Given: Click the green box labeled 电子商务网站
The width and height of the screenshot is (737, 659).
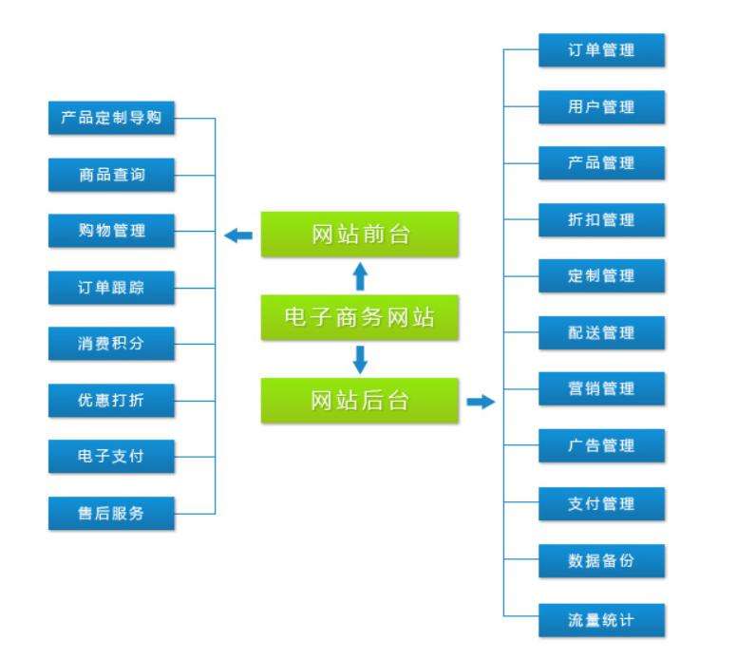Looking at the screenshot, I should tap(360, 318).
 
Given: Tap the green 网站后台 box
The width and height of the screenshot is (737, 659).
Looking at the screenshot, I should tap(360, 401).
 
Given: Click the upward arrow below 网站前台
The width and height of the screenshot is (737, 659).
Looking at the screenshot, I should tap(360, 276).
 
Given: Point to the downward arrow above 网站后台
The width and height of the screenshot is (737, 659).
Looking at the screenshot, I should tap(360, 360).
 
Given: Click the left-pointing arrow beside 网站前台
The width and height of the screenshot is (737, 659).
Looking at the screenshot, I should tap(238, 235).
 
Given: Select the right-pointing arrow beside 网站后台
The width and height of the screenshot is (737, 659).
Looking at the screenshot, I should tap(482, 402).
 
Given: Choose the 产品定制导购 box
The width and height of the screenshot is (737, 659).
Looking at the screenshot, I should tap(112, 119).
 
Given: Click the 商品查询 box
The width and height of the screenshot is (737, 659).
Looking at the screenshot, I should tap(112, 175).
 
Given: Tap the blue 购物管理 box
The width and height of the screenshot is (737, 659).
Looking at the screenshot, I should tap(112, 231).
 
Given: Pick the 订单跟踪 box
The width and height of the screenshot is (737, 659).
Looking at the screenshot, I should tap(112, 288).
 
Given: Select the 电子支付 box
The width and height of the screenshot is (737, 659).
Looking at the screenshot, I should tap(112, 457).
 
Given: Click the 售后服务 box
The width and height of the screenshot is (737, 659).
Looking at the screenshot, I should tap(112, 513).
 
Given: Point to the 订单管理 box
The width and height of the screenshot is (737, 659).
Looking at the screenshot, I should tap(601, 50).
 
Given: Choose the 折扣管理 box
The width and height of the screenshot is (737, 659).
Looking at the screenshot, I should tap(601, 219).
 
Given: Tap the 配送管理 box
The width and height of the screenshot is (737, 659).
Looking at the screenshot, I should tap(601, 332).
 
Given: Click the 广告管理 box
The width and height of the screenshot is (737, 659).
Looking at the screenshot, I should tap(601, 444).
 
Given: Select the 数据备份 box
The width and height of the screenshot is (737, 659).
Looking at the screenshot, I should tap(601, 558).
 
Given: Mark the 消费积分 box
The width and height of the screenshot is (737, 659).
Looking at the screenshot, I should tap(112, 344).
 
